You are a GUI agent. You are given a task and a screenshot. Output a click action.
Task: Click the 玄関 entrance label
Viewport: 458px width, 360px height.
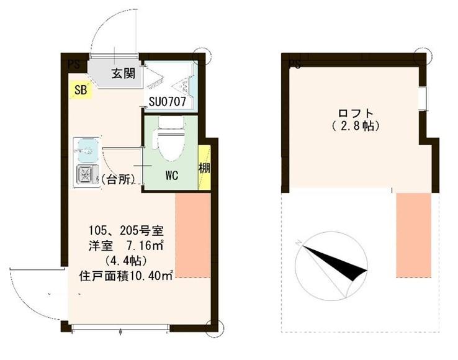(123, 73)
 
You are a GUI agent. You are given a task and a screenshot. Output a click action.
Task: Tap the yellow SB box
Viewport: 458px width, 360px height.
(81, 90)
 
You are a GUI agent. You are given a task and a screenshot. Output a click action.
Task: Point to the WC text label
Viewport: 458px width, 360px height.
(171, 176)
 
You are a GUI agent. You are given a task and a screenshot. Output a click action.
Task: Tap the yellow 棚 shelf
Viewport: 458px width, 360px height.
(204, 168)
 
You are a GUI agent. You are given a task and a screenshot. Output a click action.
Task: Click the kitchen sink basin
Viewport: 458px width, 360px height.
(86, 150)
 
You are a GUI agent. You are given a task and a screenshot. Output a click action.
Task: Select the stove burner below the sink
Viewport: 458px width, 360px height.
(84, 176)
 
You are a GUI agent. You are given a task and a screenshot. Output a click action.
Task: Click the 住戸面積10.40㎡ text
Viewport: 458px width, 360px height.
(126, 274)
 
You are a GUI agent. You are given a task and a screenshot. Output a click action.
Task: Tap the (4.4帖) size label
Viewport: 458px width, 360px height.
(126, 259)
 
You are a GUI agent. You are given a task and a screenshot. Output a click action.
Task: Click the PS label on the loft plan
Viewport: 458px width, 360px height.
(295, 64)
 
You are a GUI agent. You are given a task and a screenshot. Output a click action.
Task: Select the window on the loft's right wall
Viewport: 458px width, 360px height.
(423, 97)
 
